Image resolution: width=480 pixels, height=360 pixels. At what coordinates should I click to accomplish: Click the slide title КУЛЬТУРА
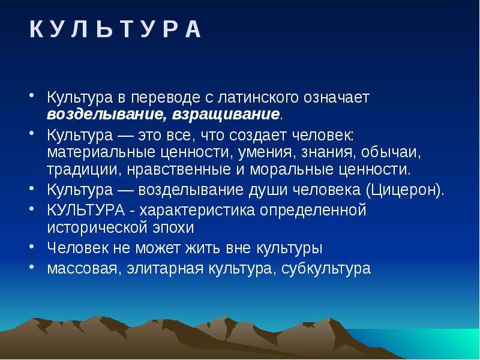[115, 29]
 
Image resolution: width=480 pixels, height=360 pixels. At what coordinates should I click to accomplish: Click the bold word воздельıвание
[104, 115]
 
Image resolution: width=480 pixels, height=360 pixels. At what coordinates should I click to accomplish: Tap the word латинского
[258, 98]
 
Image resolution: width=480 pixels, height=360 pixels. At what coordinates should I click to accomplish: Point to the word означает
[337, 97]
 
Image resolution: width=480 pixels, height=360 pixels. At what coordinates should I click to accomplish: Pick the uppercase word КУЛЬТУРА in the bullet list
[86, 210]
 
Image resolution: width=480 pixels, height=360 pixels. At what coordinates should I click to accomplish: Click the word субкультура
[326, 268]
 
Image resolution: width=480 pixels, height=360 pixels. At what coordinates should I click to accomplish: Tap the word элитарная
[165, 269]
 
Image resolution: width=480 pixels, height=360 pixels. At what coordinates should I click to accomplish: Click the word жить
[202, 248]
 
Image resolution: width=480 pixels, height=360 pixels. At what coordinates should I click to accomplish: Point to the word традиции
[82, 170]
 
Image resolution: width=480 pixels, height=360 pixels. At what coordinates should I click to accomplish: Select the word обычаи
[391, 152]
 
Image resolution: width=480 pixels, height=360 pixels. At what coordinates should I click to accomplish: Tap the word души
[268, 190]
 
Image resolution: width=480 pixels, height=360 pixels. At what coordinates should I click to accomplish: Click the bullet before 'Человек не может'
[32, 246]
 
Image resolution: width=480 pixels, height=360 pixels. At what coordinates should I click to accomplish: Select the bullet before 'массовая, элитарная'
[32, 266]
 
